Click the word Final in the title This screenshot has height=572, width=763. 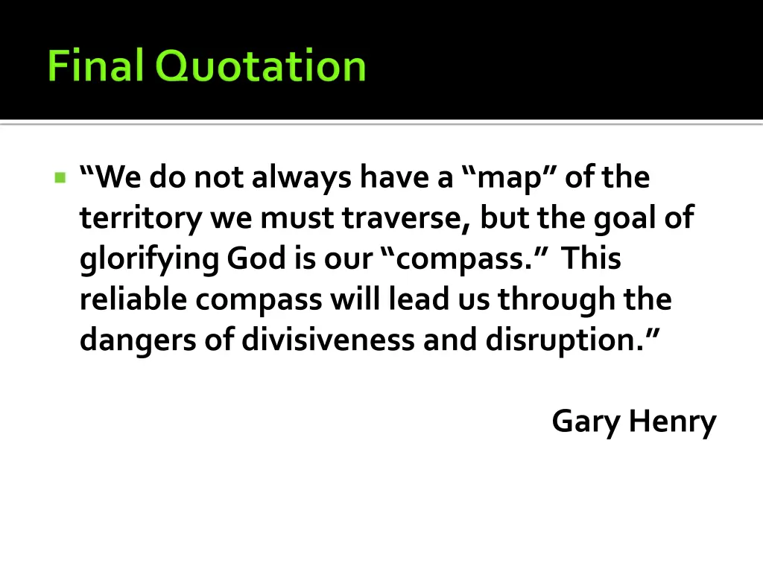tap(95, 66)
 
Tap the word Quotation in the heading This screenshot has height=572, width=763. tap(261, 66)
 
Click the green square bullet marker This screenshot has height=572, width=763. tap(60, 178)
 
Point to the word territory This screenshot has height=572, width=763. tap(141, 219)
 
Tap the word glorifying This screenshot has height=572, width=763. tap(149, 260)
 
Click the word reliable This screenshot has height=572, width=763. tap(134, 299)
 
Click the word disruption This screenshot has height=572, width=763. tap(563, 340)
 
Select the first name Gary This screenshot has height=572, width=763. tap(586, 422)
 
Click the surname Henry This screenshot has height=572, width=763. tap(671, 422)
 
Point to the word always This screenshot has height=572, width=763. tap(300, 179)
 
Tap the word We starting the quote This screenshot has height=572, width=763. tap(118, 178)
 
